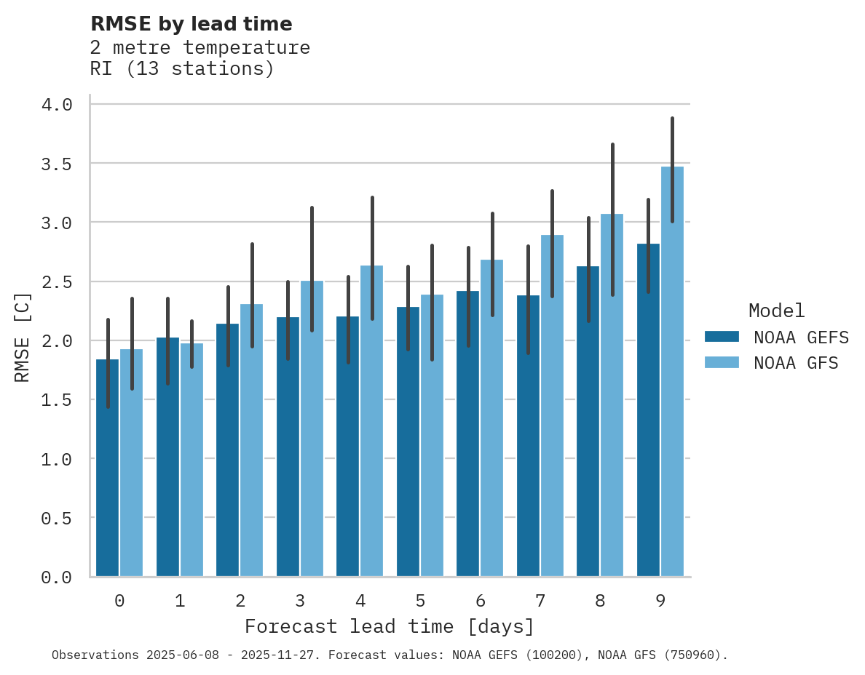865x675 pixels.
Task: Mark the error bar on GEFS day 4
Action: coord(348,320)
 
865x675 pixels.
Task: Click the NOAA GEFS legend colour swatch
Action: coord(722,337)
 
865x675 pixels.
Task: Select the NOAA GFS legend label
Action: coord(796,363)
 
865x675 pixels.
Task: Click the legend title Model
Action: coord(776,311)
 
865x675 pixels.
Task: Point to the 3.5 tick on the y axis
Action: coord(56,164)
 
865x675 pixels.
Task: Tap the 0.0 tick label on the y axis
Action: coord(56,578)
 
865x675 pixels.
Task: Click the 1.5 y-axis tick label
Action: coord(56,400)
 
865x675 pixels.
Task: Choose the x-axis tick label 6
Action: coord(480,601)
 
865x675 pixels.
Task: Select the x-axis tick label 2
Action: coord(240,601)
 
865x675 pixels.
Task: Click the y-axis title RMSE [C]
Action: coord(23,337)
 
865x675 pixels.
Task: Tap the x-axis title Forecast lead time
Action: coord(389,626)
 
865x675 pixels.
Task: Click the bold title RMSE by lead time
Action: coord(191,24)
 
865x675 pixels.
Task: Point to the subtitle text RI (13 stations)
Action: coord(182,69)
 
